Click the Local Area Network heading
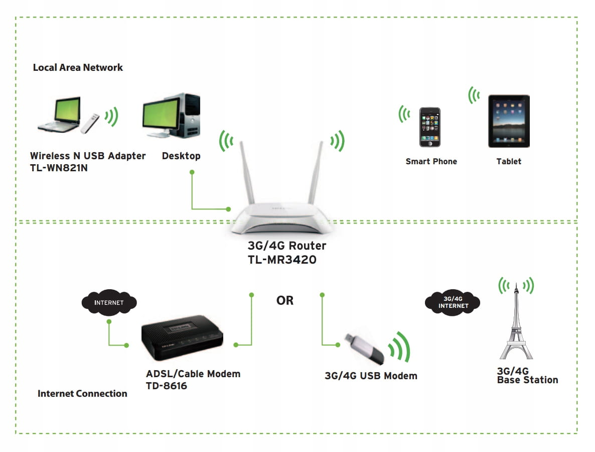(78, 67)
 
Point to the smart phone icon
(429, 127)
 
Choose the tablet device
(509, 121)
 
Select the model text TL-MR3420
(282, 260)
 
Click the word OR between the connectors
(285, 300)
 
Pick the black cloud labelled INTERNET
(109, 303)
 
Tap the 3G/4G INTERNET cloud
(453, 302)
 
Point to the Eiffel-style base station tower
(515, 326)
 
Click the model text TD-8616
(166, 386)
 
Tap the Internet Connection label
(82, 393)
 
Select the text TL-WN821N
(59, 168)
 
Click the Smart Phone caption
(431, 161)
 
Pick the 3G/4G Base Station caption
(527, 376)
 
